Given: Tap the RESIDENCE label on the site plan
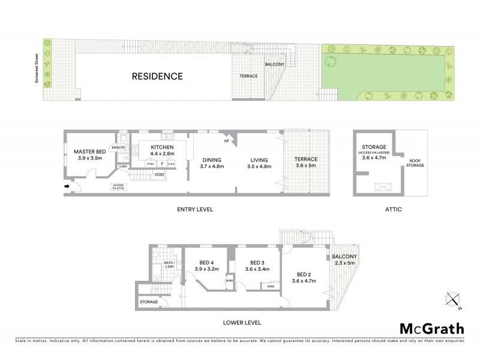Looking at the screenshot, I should coord(157,76).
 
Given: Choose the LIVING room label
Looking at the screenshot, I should coord(259,163).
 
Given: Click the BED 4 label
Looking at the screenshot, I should coord(207,266).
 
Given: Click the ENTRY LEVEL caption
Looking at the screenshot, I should coord(196,209).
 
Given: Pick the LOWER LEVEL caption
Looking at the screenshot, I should coord(242,322).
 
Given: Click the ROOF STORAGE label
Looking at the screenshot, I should coord(416,163).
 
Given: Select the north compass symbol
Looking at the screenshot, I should coord(452,301).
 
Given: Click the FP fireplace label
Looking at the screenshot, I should coord(227,143).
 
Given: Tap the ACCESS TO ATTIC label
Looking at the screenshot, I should coord(118,187).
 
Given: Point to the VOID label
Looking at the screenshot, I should coord(159,175).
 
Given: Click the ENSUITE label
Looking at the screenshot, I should coord(118,147).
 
